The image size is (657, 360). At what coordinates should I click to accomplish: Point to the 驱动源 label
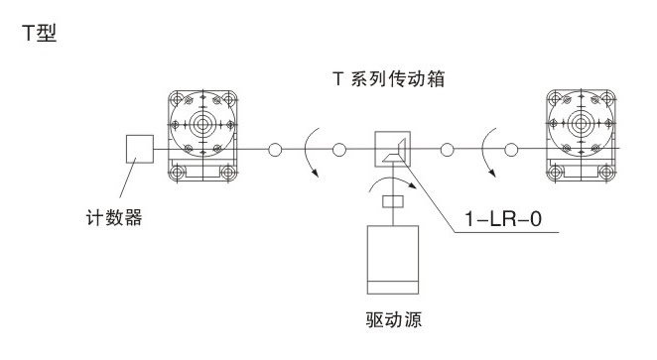tap(394, 320)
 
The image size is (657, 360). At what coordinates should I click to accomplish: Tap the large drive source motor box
tap(394, 259)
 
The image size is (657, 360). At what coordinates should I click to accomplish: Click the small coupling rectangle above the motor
tap(394, 202)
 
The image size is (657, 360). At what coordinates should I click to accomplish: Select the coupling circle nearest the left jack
tap(275, 150)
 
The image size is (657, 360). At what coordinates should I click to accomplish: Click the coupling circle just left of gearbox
tap(339, 150)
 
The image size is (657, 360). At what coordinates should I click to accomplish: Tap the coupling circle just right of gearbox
tap(448, 150)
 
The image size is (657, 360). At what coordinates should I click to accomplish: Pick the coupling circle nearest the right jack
tap(511, 150)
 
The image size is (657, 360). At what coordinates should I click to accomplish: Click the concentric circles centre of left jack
tap(203, 126)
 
